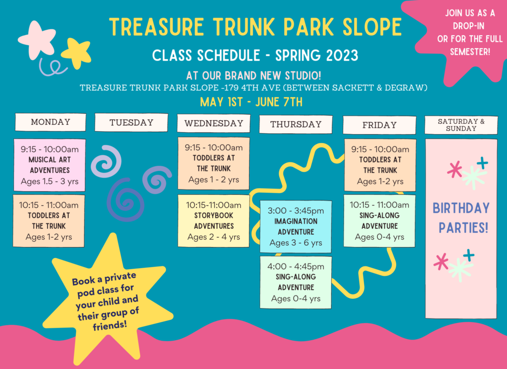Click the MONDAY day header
(51, 122)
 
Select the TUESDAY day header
(131, 122)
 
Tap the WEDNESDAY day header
(214, 123)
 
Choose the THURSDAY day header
(296, 124)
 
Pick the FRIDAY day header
(379, 125)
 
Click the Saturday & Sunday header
(461, 125)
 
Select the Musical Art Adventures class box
(50, 165)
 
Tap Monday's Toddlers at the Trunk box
(49, 221)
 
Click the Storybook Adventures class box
(213, 221)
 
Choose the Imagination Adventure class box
(296, 226)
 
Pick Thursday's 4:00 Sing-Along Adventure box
(296, 282)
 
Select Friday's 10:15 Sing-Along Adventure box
(379, 221)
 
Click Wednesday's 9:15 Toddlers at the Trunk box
(213, 163)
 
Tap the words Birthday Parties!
(461, 217)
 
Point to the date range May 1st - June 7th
(251, 102)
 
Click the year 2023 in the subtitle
(342, 55)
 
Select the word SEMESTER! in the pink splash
(470, 52)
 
